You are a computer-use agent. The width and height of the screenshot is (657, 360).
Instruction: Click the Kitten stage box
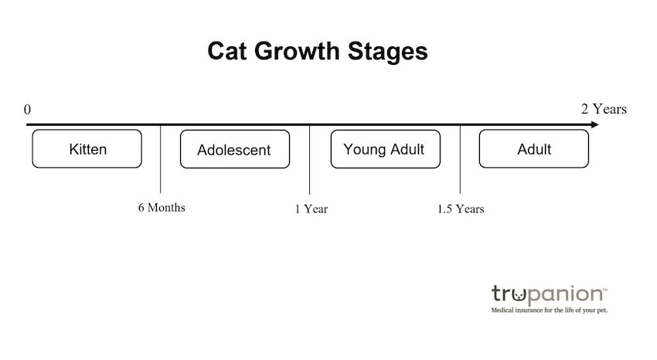[x=87, y=148]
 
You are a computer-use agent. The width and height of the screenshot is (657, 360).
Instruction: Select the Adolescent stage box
[x=235, y=149]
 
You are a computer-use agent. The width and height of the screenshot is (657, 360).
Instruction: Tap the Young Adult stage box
[x=386, y=149]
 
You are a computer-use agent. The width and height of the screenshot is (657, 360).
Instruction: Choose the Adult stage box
[x=534, y=148]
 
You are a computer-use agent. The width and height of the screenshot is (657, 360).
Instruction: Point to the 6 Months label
[x=162, y=208]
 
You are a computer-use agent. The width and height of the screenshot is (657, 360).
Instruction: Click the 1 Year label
[x=311, y=209]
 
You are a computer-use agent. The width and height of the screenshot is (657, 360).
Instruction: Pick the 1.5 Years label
[x=461, y=209]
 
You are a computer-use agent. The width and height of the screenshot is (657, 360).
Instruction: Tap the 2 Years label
[x=604, y=109]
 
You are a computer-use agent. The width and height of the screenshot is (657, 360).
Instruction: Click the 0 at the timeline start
[x=27, y=110]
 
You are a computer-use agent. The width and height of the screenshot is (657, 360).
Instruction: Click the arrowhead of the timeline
[x=595, y=124]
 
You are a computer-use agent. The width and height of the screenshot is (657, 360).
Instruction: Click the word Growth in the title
[x=297, y=51]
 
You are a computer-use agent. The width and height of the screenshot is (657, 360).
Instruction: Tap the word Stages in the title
[x=387, y=53]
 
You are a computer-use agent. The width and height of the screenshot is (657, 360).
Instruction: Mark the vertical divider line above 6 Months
[x=161, y=159]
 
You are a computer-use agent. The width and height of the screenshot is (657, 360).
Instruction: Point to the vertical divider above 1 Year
[x=310, y=159]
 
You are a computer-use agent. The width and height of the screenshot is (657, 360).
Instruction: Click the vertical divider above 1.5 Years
[x=460, y=159]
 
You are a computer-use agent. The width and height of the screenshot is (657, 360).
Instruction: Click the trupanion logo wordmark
[x=549, y=294]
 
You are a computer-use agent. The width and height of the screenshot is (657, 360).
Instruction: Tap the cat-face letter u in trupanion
[x=519, y=294]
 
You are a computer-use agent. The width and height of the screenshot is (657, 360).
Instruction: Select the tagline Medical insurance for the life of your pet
[x=550, y=311]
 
